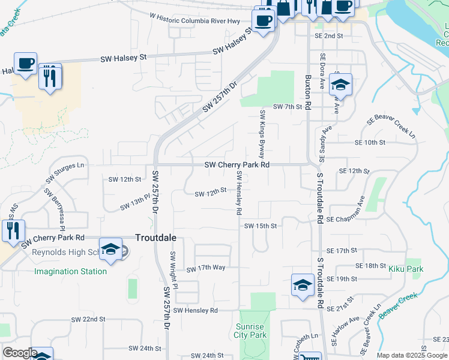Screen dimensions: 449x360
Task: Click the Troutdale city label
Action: tap(155, 238)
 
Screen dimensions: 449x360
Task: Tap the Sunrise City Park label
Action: tap(252, 331)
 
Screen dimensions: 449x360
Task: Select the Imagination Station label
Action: tap(70, 271)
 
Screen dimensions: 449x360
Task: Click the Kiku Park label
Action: tap(406, 269)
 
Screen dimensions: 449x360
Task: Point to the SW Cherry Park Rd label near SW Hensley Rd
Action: tap(237, 164)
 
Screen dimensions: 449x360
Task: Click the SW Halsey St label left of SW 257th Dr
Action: tap(124, 58)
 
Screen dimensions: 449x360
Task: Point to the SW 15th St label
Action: tap(261, 226)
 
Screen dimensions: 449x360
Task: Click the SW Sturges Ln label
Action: tap(65, 172)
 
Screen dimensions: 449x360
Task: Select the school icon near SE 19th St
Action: tap(303, 284)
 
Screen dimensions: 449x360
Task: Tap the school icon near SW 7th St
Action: tap(340, 84)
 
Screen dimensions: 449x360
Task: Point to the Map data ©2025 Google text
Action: tap(411, 355)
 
